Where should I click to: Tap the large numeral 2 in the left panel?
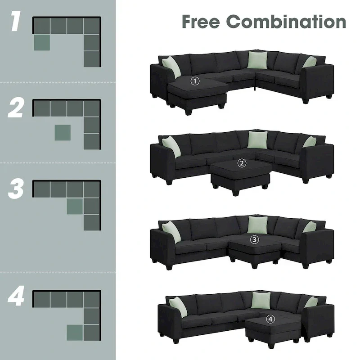pos(16,108)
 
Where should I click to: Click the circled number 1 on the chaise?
pos(195,81)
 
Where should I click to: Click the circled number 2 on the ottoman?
pos(243,163)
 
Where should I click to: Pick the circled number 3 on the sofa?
pos(255,239)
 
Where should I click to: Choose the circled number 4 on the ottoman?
pos(270,319)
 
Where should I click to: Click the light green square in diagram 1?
pos(42,42)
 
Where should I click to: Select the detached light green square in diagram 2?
pos(62,133)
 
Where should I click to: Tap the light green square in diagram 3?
pos(75,206)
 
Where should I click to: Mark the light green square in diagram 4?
pos(75,332)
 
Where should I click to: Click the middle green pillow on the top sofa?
pos(257,60)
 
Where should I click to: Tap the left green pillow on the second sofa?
pos(171,146)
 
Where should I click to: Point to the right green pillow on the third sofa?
pos(310,227)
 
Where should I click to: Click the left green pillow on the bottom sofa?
pos(178,306)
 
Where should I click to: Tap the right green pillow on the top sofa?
pos(310,62)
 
